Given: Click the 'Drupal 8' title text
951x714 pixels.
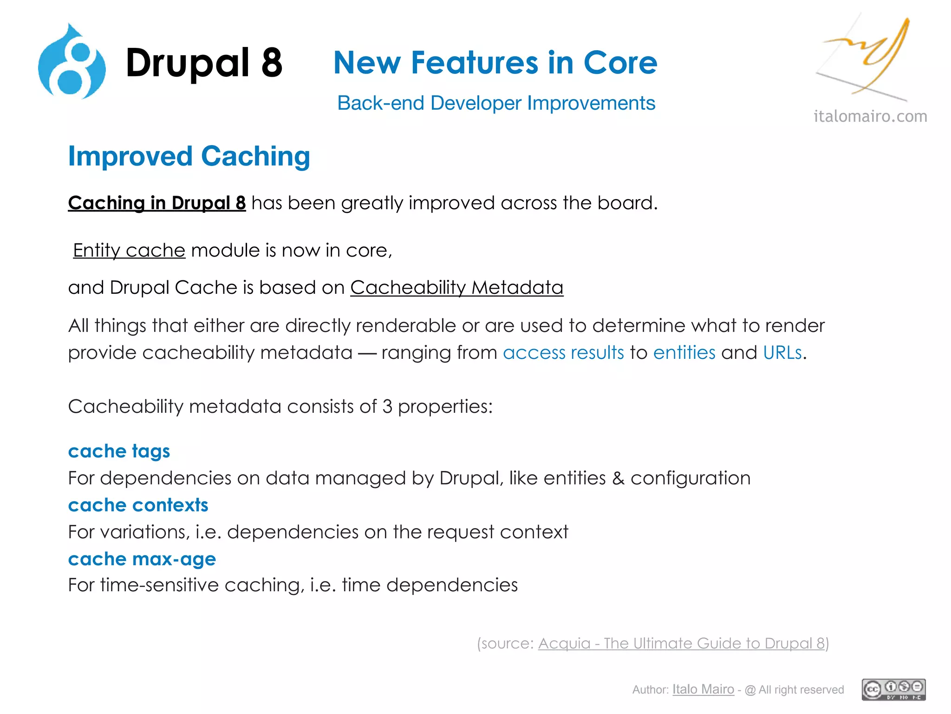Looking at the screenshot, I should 204,63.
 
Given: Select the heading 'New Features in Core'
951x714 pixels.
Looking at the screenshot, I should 495,63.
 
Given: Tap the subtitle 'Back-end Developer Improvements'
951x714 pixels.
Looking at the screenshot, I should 496,103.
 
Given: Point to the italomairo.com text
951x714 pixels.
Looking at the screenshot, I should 870,116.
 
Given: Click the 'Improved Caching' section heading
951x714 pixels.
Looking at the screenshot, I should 189,156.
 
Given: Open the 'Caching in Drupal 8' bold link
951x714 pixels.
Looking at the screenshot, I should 157,203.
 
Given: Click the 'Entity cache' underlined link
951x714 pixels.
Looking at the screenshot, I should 129,251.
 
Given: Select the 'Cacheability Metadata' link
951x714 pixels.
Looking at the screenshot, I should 456,288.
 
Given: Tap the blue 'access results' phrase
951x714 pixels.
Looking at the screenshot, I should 563,353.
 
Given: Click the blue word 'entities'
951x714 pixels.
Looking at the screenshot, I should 684,353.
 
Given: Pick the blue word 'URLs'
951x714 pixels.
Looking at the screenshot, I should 782,353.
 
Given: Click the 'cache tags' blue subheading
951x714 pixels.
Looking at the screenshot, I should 119,451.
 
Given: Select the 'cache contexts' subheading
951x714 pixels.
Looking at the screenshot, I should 138,505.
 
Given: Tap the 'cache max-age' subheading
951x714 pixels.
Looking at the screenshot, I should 142,559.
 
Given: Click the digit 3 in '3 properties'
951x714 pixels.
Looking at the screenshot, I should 387,407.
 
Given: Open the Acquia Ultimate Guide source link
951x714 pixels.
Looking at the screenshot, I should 681,643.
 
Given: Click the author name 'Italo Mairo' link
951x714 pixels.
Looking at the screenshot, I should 703,689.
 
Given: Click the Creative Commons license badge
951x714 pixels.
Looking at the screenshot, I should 893,689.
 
